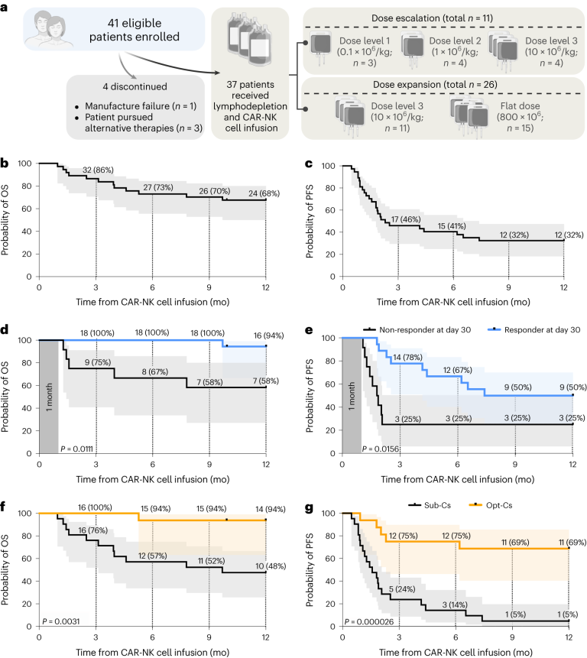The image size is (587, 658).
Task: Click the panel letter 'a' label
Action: [x=6, y=6]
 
